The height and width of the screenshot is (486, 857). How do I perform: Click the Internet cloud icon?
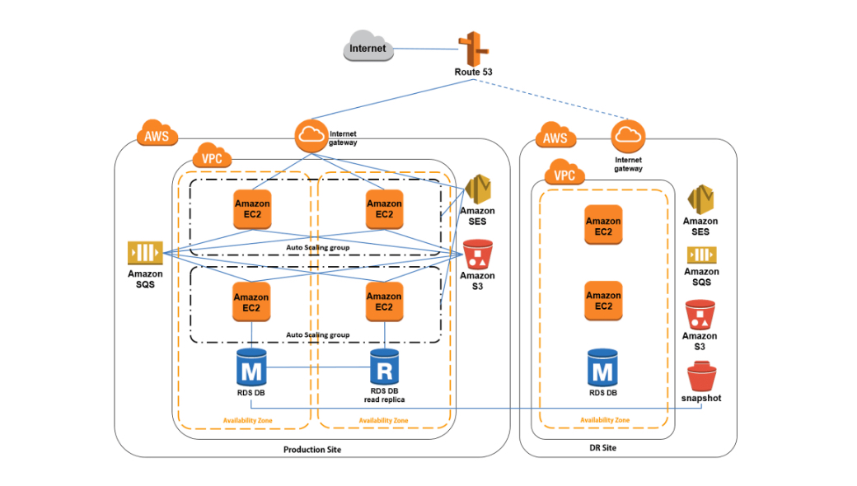(x=368, y=48)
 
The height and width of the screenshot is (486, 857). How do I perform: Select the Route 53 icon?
(x=473, y=49)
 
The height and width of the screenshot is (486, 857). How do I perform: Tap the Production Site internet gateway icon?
(x=311, y=136)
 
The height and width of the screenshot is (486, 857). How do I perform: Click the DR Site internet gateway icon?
(x=628, y=136)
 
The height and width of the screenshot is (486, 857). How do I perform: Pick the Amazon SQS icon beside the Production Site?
(x=144, y=253)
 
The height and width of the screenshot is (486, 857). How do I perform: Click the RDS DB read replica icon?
(x=384, y=368)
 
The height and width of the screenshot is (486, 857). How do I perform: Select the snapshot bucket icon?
(x=701, y=378)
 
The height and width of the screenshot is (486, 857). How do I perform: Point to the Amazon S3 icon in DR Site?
(x=699, y=314)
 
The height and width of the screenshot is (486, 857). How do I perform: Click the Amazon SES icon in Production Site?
(x=478, y=190)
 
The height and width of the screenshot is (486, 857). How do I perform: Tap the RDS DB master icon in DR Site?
(x=603, y=367)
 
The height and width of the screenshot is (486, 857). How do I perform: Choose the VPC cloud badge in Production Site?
(x=212, y=157)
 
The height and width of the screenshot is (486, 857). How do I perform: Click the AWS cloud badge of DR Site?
(x=555, y=137)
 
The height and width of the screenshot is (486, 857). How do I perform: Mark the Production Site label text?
(x=311, y=450)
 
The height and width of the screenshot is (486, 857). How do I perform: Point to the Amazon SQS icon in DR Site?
(x=701, y=255)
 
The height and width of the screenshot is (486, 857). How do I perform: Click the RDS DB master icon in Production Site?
(x=251, y=367)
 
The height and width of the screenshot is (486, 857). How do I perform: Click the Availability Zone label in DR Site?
(x=604, y=420)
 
